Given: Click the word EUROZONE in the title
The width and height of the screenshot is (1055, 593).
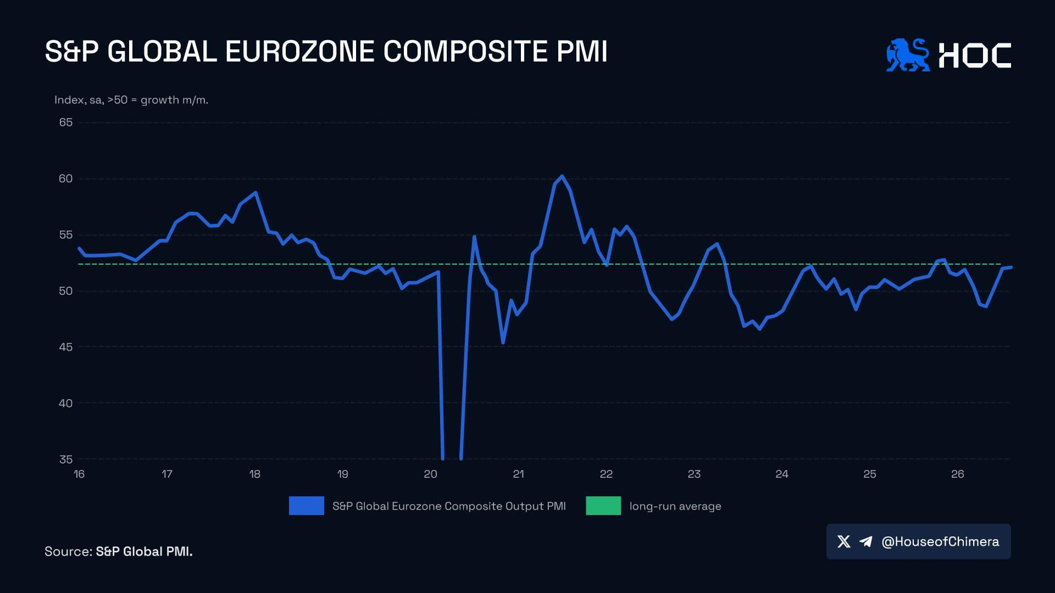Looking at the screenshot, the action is click(299, 52).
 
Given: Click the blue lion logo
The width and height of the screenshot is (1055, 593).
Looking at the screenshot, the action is click(908, 55).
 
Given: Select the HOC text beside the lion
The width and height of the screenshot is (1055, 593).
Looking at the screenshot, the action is click(975, 55).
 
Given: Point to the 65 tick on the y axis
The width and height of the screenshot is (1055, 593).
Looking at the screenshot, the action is click(66, 122).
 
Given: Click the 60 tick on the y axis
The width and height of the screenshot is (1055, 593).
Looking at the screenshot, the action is click(66, 178).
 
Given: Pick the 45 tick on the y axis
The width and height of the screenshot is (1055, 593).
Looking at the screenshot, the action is click(66, 347).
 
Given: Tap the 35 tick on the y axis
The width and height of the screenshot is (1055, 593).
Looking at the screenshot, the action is click(66, 459).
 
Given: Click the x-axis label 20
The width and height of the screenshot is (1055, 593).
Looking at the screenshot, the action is click(430, 474).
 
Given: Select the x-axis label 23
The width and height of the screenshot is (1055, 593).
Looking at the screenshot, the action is click(694, 474).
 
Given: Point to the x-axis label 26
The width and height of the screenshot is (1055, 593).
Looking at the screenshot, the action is click(958, 474).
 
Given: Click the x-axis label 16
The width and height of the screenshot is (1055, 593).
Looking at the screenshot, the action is click(79, 474).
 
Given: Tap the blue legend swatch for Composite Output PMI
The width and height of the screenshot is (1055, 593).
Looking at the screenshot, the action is click(307, 506).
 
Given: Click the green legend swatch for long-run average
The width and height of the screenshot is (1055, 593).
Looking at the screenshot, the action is click(603, 506).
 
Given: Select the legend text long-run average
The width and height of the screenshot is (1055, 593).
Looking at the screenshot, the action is click(675, 506).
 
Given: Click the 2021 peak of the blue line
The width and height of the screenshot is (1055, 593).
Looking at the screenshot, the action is click(562, 176).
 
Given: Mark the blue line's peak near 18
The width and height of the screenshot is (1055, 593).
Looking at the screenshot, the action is click(256, 193).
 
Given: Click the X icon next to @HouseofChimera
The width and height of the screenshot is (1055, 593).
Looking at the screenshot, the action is click(844, 542).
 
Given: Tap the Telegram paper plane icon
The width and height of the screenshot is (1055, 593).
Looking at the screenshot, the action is click(866, 542).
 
